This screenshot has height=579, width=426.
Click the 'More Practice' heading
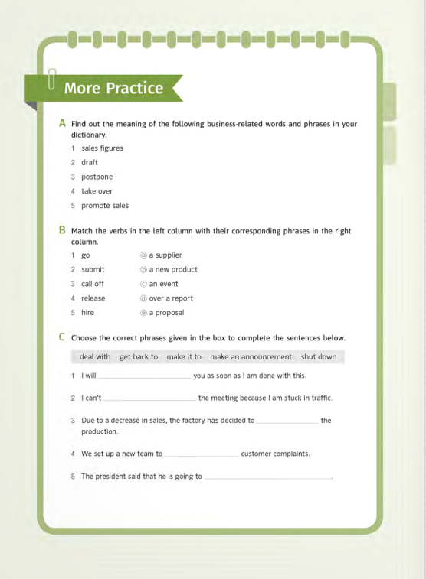(113, 88)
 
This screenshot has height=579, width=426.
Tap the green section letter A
(62, 123)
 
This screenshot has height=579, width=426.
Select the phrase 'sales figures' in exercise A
(102, 148)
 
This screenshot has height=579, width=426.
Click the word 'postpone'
(97, 177)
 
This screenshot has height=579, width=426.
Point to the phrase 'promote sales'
(105, 206)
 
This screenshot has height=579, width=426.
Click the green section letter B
(62, 230)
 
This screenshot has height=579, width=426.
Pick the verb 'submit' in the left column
(93, 269)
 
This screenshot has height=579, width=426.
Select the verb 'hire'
(89, 313)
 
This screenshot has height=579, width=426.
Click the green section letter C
(62, 337)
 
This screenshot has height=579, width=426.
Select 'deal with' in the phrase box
(95, 357)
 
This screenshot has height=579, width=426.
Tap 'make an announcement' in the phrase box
(251, 357)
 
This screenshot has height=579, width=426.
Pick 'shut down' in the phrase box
(319, 357)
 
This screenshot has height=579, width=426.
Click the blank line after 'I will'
(145, 377)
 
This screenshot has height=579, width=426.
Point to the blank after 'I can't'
(150, 399)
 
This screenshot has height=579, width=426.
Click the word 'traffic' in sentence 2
(319, 398)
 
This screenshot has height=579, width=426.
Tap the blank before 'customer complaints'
(202, 455)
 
